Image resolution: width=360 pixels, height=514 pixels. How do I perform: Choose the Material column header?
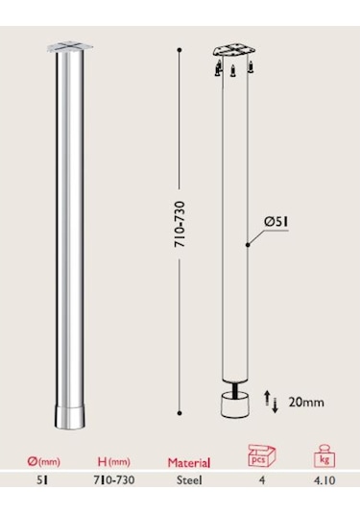pyautogui.click(x=189, y=461)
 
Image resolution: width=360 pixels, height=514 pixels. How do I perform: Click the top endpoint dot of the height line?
pyautogui.click(x=180, y=45)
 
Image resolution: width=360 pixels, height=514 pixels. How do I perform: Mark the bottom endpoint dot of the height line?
pyautogui.click(x=180, y=412)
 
